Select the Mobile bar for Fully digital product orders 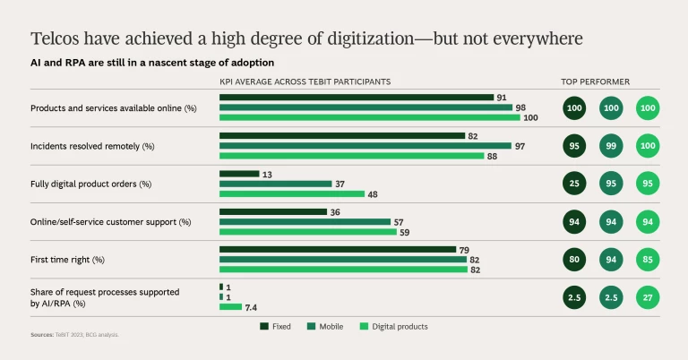275,184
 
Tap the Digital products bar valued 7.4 230,307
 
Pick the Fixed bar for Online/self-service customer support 273,212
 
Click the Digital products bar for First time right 343,269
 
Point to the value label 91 502,97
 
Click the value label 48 373,193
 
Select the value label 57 399,221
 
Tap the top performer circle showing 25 574,184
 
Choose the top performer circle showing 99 611,145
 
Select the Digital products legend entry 394,327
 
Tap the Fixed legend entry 276,327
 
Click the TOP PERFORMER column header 595,81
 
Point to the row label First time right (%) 68,260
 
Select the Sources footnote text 75,334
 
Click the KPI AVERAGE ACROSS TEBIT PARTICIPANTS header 305,81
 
